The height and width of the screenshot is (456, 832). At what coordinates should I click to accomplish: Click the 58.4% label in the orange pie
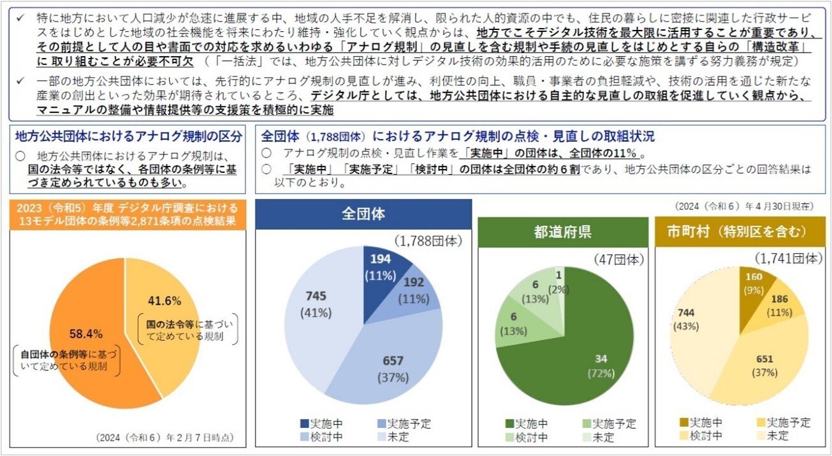(85, 333)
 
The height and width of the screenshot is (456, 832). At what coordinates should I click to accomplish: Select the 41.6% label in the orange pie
(164, 300)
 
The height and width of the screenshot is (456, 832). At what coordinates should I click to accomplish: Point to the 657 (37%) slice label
(393, 369)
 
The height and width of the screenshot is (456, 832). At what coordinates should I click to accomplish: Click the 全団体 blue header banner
(363, 214)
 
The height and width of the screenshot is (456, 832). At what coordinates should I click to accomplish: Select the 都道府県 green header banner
(562, 231)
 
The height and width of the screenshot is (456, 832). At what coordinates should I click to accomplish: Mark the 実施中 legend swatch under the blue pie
(305, 423)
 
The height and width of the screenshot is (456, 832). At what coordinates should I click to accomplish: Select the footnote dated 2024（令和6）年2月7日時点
(164, 438)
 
